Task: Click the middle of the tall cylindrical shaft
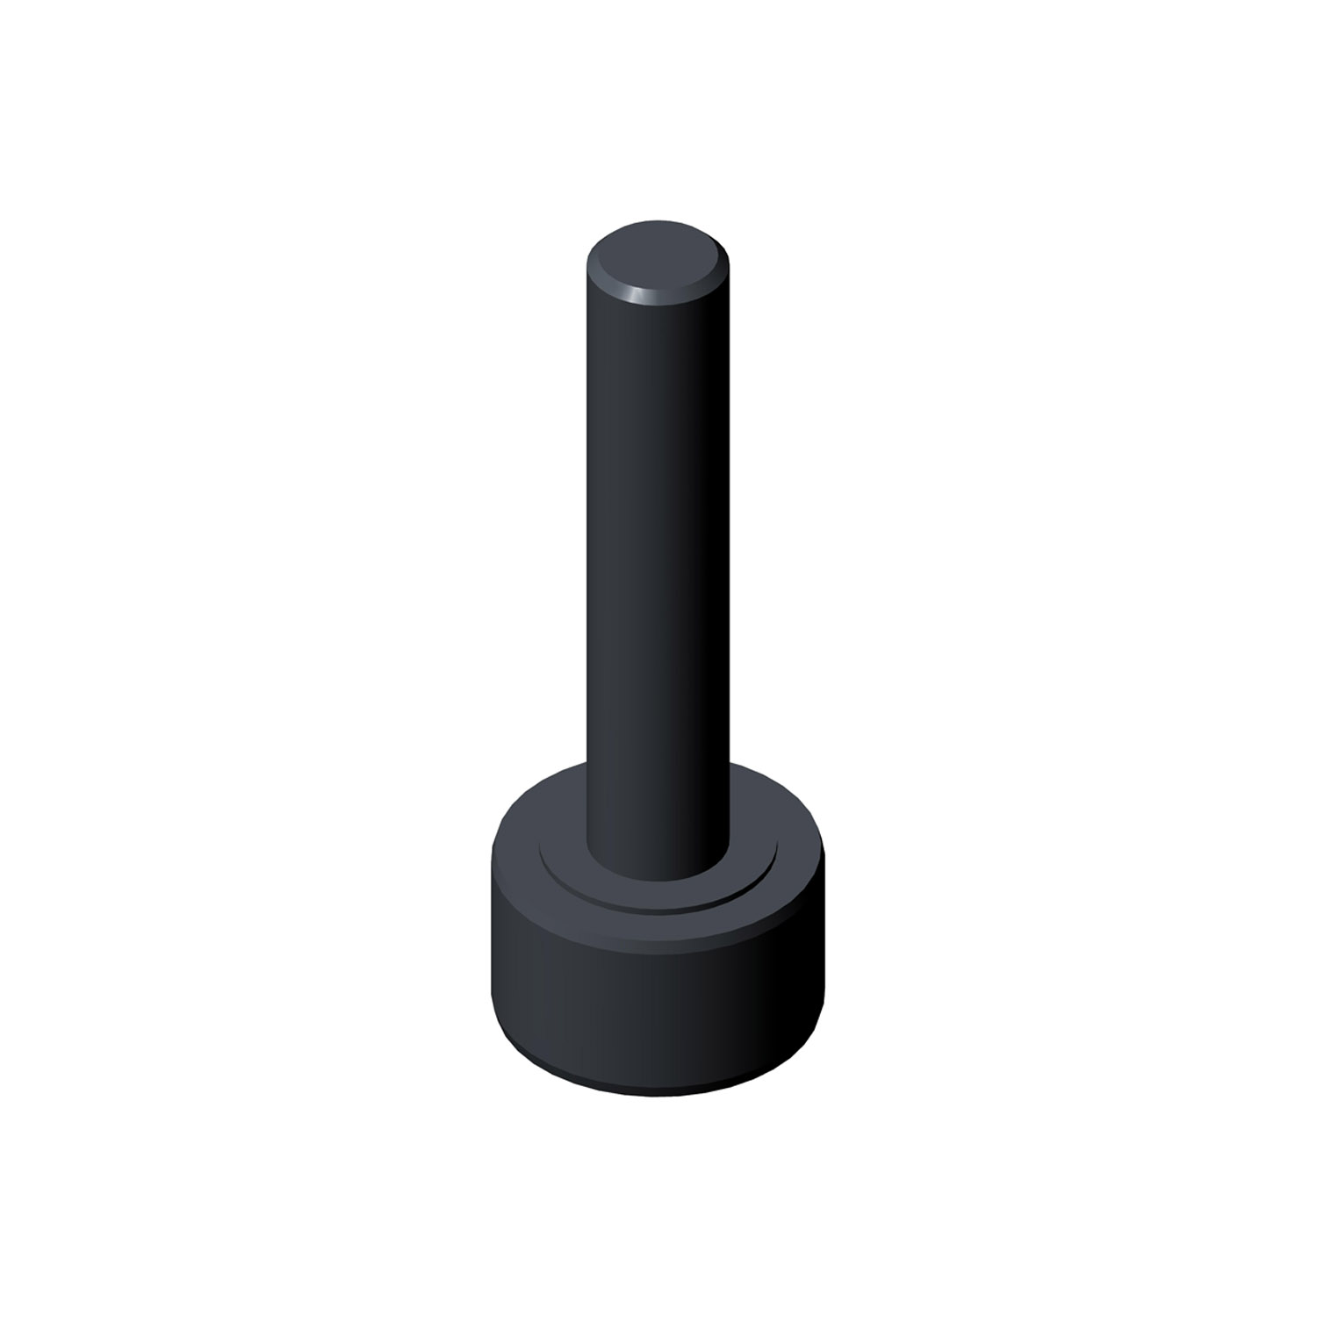[657, 544]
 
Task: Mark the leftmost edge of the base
[492, 931]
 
